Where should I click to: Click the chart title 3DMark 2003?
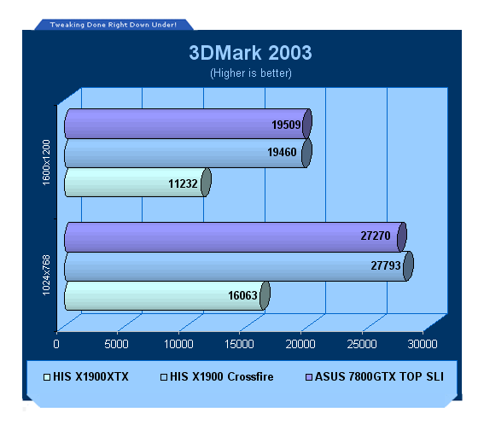click(x=250, y=53)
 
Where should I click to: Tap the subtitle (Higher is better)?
click(x=251, y=73)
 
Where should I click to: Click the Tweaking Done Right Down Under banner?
click(x=114, y=25)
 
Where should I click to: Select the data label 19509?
click(x=286, y=125)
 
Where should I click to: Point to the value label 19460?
click(x=282, y=152)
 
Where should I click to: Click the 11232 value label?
click(x=183, y=183)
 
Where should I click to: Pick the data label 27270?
click(x=376, y=236)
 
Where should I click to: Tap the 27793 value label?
click(x=386, y=265)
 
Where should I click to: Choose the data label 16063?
click(x=242, y=295)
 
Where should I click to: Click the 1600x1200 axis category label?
click(x=46, y=162)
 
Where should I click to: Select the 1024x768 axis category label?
click(x=46, y=275)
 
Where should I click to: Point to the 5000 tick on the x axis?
click(x=116, y=344)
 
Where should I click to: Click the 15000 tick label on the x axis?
click(x=239, y=344)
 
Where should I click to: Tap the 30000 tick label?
click(x=423, y=344)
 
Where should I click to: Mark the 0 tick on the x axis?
click(x=56, y=344)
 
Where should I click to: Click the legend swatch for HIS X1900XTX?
click(x=47, y=377)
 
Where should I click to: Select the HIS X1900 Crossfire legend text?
click(x=222, y=377)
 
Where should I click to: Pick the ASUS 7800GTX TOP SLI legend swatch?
click(x=309, y=377)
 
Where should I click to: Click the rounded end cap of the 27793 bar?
click(x=408, y=266)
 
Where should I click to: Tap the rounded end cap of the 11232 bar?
click(x=206, y=183)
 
